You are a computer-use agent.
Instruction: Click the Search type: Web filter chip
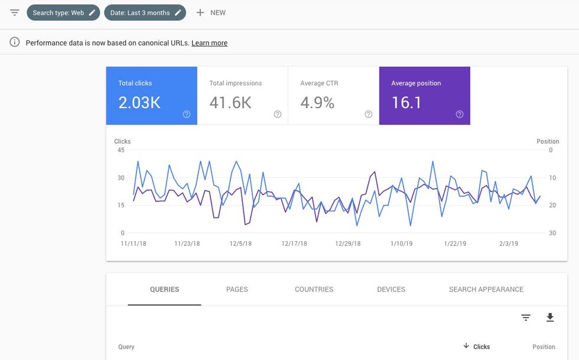63,12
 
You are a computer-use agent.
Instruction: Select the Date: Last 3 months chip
145,12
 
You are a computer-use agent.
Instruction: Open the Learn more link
209,43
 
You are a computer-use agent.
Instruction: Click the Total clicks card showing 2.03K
151,96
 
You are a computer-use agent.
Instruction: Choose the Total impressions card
242,96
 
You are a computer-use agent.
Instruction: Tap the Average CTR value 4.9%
317,103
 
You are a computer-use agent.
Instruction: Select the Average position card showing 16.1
424,96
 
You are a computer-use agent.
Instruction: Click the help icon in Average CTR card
369,115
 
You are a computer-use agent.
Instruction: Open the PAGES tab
237,290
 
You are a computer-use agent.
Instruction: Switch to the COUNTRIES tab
314,290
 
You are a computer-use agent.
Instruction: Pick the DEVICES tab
391,290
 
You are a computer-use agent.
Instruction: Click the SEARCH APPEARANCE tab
486,290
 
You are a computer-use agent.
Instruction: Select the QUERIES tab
164,290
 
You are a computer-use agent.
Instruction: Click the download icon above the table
550,318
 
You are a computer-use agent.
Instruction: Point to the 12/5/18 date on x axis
240,244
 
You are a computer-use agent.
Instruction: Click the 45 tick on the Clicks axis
121,150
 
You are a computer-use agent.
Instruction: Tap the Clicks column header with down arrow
477,347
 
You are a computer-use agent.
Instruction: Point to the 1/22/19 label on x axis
455,244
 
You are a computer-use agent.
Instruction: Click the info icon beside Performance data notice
15,43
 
